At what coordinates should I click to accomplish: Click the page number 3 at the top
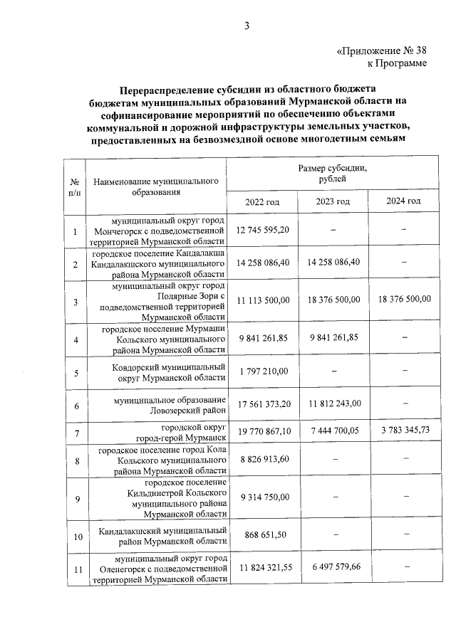click(x=247, y=26)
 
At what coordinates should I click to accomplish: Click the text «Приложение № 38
click(x=381, y=51)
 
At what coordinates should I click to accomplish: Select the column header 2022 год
click(x=262, y=202)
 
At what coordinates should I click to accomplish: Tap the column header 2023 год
click(x=333, y=202)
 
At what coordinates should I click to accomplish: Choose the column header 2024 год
click(x=403, y=201)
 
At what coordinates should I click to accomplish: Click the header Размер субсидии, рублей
click(x=333, y=174)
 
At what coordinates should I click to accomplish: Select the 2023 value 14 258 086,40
click(x=333, y=262)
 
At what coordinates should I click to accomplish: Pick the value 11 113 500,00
click(x=263, y=300)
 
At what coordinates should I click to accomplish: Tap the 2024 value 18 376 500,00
click(x=403, y=300)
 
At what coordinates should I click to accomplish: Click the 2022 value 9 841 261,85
click(x=263, y=338)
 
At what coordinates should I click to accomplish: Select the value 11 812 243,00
click(x=333, y=405)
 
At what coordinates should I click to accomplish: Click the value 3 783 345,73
click(x=403, y=431)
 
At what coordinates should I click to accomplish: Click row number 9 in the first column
click(x=76, y=497)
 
